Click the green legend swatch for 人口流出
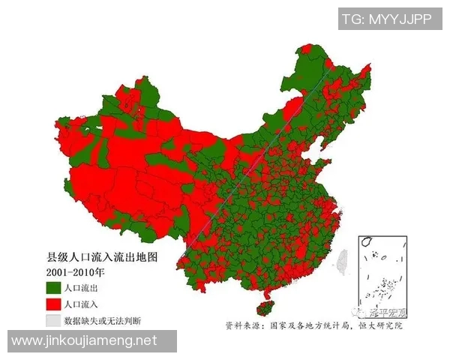(x=52, y=288)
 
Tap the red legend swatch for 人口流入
(x=52, y=304)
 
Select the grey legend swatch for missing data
(x=52, y=321)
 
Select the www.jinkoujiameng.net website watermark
(x=84, y=341)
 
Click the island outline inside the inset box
(x=367, y=242)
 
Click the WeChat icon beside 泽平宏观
(x=366, y=311)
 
